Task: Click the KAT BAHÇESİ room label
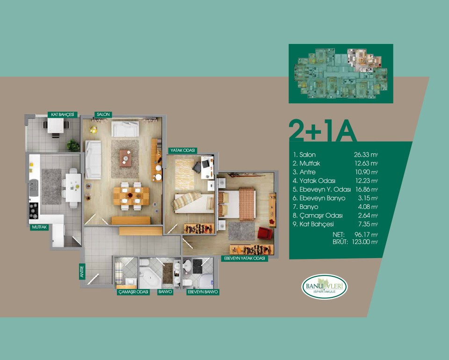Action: [62, 115]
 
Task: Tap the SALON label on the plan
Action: [103, 114]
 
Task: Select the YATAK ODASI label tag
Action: [182, 151]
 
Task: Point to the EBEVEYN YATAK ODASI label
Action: [245, 259]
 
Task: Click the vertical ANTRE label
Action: [82, 271]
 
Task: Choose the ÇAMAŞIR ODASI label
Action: [133, 292]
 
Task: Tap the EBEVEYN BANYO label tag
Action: [203, 292]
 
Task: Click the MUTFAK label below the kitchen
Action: [39, 227]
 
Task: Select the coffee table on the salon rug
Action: [125, 158]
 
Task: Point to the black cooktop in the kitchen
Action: [34, 210]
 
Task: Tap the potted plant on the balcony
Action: [73, 145]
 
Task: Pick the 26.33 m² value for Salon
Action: [366, 155]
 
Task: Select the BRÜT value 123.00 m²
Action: [365, 242]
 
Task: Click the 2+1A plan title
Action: [323, 131]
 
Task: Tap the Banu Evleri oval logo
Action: [325, 287]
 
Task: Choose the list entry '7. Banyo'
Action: [305, 207]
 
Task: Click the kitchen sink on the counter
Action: [34, 188]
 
